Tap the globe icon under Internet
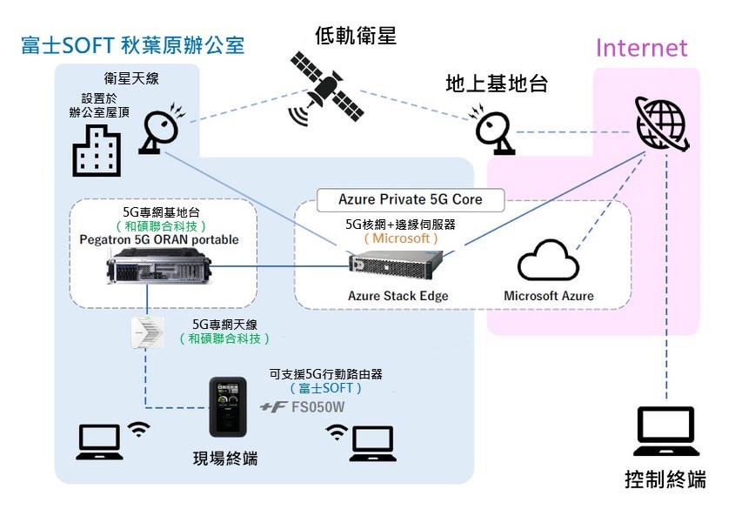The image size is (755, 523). [665, 123]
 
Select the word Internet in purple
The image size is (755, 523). [641, 48]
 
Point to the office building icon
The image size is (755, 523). [97, 149]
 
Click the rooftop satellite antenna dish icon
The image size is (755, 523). [162, 128]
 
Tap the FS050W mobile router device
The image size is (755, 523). [229, 407]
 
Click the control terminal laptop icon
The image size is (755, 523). [666, 432]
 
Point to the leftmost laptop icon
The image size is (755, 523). [97, 442]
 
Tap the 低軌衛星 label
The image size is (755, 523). [355, 36]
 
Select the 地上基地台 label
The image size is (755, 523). [496, 84]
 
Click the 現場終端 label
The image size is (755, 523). [224, 458]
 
